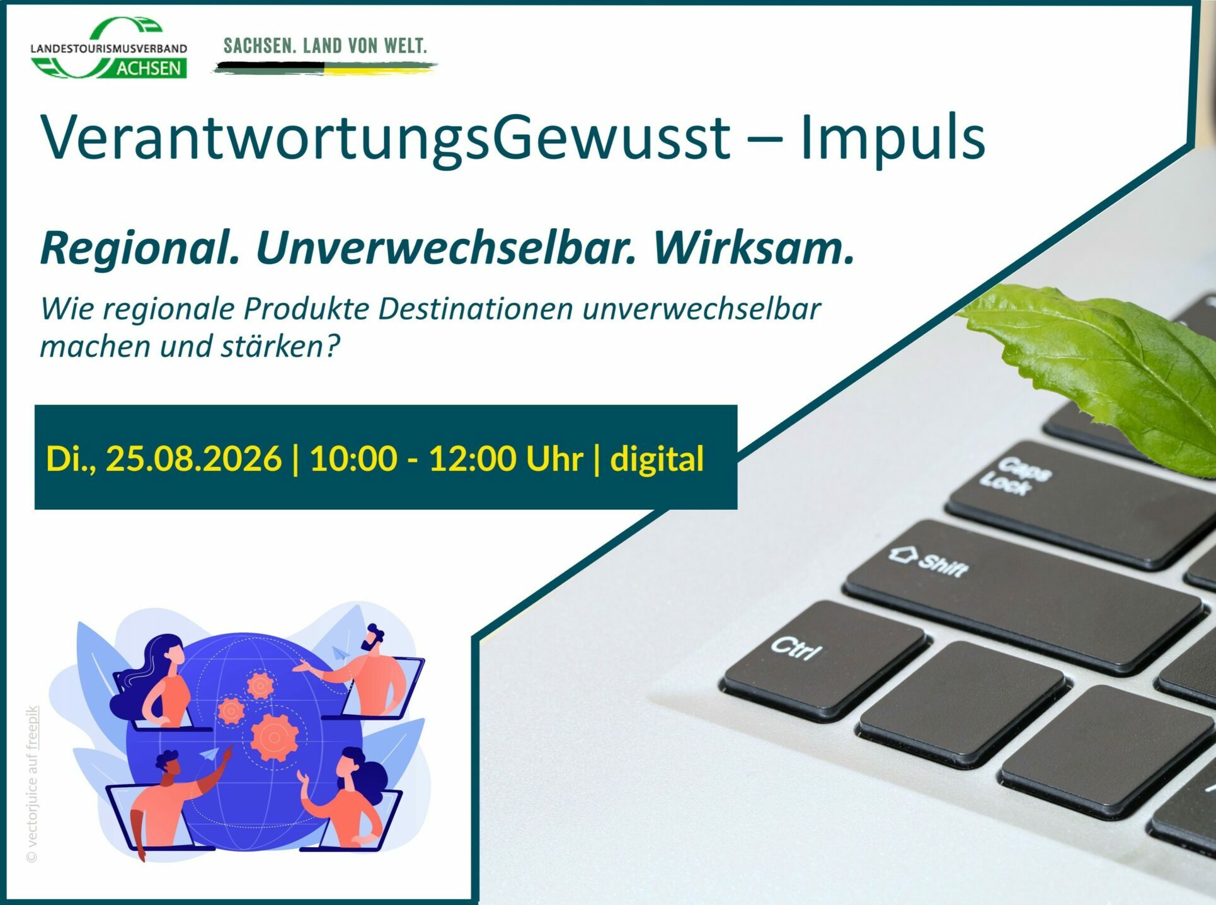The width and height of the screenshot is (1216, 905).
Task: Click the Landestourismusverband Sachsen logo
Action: (108, 48)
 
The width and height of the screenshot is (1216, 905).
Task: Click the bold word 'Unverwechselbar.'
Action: (446, 248)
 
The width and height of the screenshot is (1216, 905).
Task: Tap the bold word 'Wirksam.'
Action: (754, 248)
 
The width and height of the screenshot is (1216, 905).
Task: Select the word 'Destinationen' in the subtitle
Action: (476, 309)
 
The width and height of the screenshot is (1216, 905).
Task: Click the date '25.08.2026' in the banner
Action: (193, 458)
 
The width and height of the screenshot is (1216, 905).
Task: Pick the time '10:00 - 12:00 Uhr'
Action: (446, 458)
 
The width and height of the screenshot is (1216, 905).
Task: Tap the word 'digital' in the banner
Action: (657, 459)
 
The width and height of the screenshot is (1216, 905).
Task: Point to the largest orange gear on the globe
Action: (275, 737)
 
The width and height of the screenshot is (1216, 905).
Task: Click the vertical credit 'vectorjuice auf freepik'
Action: (32, 784)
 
